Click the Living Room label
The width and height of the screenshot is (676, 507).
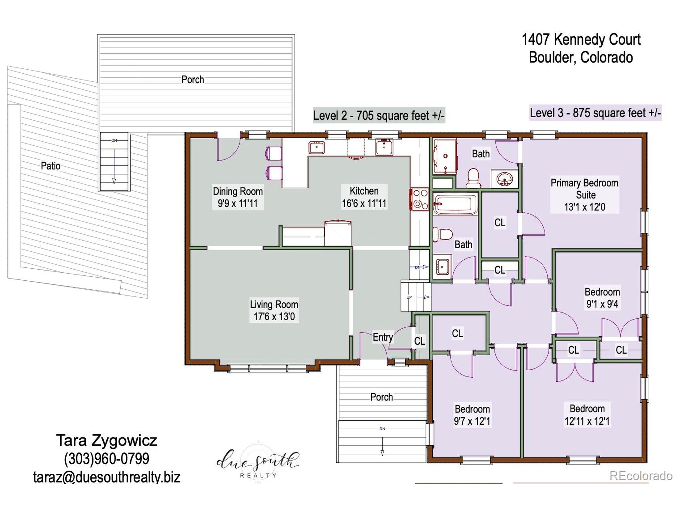(x=274, y=305)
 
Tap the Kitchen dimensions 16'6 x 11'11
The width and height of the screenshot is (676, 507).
(x=364, y=203)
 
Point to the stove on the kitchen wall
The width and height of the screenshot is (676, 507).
(x=420, y=199)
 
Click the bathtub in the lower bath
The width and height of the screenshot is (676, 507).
(x=455, y=204)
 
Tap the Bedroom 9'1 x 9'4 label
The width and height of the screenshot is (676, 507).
(x=602, y=298)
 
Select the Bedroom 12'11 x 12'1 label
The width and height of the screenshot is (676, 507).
(x=587, y=415)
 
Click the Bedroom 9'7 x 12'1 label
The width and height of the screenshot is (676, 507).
(x=472, y=415)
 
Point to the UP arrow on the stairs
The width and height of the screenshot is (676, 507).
(x=426, y=297)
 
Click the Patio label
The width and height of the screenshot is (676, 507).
(x=50, y=166)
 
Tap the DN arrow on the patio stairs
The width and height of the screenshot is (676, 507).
(x=114, y=181)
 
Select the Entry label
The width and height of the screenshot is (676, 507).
(x=382, y=337)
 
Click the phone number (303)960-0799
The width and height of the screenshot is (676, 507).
(x=107, y=458)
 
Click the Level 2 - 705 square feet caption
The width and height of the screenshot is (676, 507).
(x=379, y=115)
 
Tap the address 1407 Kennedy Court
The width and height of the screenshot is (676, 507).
(x=581, y=40)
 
